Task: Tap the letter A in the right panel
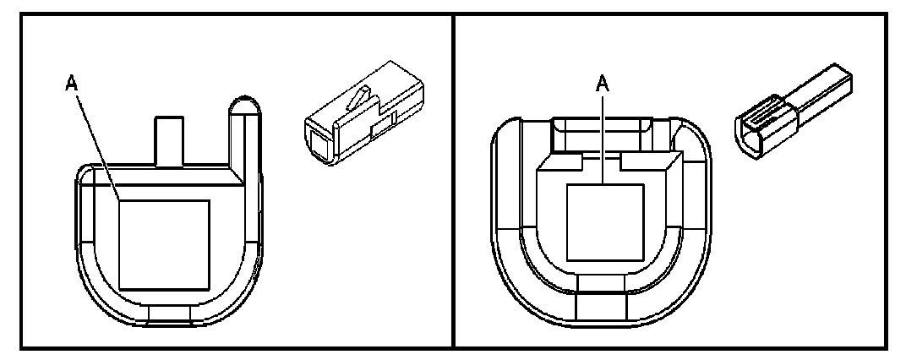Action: (603, 86)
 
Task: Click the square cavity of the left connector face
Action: (164, 243)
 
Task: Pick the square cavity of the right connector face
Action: (603, 221)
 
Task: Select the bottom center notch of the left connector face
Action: (169, 316)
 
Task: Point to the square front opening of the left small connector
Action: (320, 139)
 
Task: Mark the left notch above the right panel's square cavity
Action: (566, 158)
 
